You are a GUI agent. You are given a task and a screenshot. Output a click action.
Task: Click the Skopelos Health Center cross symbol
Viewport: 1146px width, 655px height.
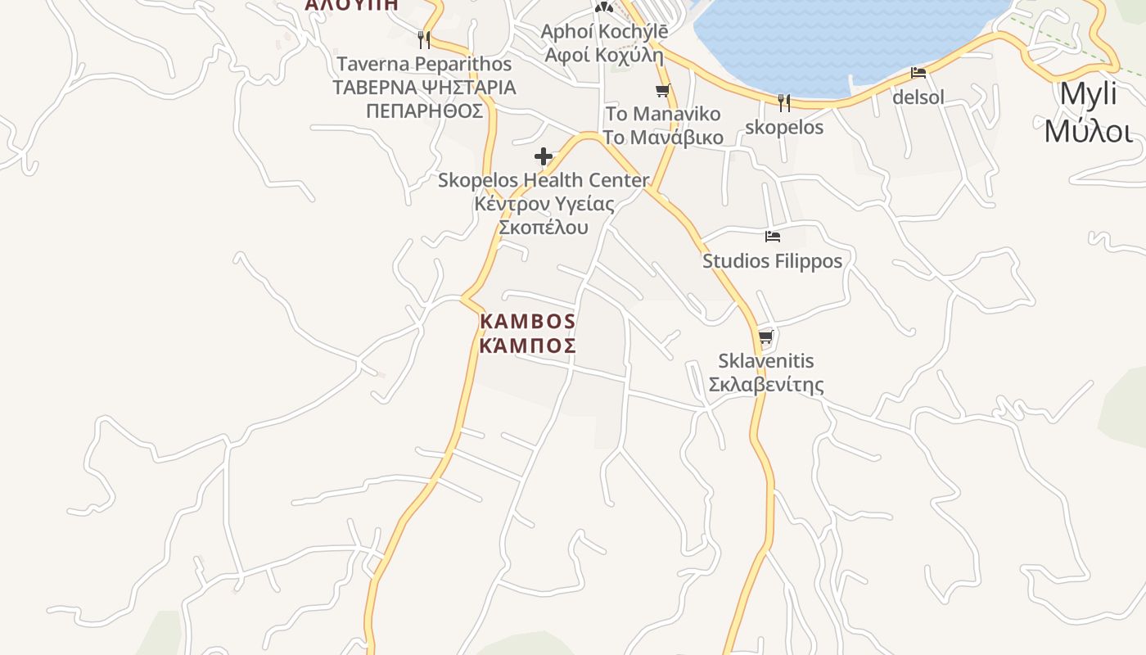point(544,156)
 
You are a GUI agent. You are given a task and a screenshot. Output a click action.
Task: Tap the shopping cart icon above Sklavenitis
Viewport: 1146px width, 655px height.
point(765,337)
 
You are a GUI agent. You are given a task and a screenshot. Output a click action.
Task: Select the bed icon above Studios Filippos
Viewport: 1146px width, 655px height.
point(772,237)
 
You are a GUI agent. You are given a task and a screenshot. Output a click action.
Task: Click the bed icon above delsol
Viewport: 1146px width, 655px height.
point(918,73)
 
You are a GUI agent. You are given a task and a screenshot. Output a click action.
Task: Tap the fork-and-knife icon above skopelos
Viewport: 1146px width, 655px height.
point(783,102)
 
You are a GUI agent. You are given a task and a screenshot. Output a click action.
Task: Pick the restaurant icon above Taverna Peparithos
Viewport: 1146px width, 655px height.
point(423,39)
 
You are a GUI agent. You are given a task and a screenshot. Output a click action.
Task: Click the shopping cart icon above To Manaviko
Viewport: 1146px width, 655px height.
point(662,90)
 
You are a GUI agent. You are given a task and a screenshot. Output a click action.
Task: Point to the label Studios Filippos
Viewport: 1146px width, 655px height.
point(772,261)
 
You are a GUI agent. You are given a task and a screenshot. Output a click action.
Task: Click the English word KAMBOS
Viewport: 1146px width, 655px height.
point(527,321)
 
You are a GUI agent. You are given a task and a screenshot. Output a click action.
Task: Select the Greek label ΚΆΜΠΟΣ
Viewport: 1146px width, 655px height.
point(527,346)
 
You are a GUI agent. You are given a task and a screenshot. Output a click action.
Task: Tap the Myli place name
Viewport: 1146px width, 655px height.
point(1088,95)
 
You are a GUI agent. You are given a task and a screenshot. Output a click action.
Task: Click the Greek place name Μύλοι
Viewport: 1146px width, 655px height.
point(1088,130)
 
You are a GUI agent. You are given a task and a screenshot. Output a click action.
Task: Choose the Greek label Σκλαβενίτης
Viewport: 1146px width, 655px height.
point(765,385)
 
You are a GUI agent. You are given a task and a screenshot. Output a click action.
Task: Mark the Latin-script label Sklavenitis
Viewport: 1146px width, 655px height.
point(765,361)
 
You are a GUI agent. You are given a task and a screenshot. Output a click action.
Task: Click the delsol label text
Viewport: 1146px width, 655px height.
point(918,97)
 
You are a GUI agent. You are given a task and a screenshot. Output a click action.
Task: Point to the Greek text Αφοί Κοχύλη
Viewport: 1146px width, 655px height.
point(604,55)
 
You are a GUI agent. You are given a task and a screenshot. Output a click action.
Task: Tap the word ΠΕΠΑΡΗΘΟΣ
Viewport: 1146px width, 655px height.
point(424,111)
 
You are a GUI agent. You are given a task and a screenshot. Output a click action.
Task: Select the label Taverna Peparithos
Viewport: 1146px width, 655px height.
point(424,64)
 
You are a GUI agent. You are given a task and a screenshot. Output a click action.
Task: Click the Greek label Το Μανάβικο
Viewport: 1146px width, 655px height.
point(663,137)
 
